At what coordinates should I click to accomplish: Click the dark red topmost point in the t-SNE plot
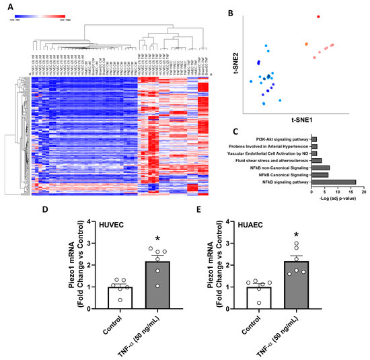pos(319,17)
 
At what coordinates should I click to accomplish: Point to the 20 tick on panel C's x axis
pos(363,192)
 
